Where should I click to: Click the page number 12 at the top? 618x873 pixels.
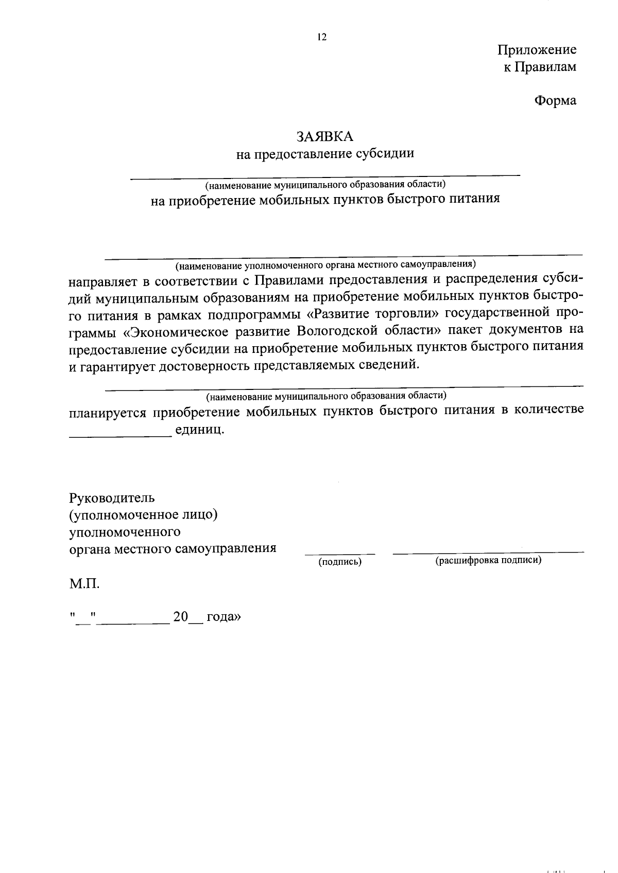(322, 37)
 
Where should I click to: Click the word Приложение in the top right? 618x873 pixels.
(537, 50)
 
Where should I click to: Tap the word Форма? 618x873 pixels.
(555, 100)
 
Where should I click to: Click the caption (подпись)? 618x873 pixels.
(340, 562)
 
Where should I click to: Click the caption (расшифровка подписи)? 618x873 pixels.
(488, 561)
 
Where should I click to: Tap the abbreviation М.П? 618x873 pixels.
(84, 584)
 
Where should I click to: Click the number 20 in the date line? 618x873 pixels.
(181, 617)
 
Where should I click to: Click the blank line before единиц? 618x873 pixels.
(120, 435)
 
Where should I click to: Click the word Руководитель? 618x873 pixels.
(112, 498)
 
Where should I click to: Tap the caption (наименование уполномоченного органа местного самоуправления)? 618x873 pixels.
(325, 265)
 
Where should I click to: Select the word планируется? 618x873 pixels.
(108, 412)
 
